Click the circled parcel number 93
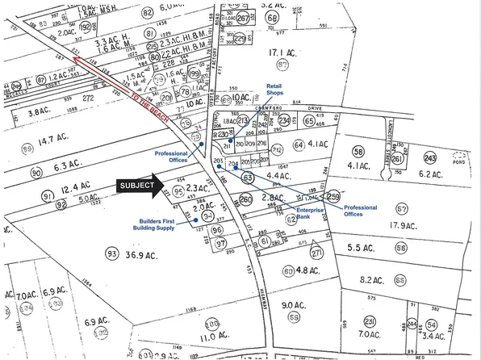[111, 254]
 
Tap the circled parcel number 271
[317, 253]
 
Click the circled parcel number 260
[246, 199]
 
